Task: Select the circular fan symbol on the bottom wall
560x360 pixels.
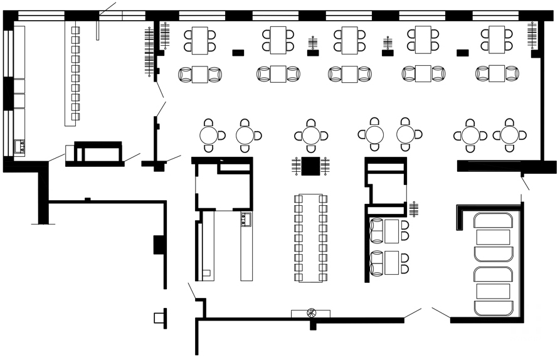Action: [x=312, y=313]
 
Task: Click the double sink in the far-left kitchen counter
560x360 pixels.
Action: [x=19, y=147]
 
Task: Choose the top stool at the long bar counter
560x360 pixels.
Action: [x=76, y=30]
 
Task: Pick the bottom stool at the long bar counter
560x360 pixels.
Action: [x=76, y=116]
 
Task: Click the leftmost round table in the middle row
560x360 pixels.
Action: [x=209, y=135]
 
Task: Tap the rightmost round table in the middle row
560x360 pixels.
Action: [x=509, y=135]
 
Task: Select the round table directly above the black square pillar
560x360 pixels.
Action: [x=311, y=135]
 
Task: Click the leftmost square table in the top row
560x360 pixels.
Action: [x=200, y=39]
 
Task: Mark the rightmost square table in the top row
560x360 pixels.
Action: [x=497, y=39]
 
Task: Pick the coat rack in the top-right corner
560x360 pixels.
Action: [x=532, y=34]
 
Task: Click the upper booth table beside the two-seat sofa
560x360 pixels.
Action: [x=393, y=230]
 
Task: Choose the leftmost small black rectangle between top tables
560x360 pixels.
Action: [x=238, y=53]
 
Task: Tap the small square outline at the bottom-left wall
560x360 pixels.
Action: [x=158, y=318]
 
